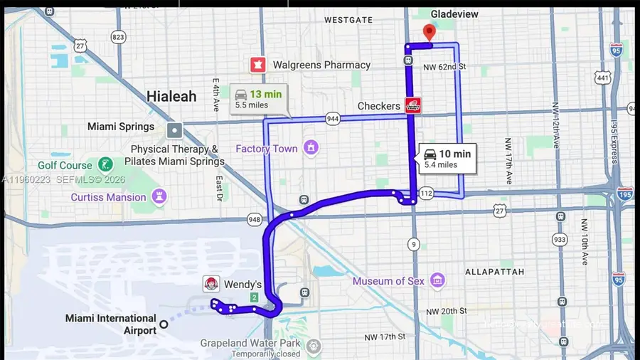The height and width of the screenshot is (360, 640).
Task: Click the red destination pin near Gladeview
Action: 428,32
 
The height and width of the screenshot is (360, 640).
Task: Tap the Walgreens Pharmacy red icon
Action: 257,65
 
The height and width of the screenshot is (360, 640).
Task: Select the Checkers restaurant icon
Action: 412,105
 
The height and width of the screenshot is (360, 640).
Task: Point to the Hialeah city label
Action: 171,96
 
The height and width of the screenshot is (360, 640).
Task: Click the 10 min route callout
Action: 446,158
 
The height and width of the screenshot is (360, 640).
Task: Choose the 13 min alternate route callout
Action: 259,99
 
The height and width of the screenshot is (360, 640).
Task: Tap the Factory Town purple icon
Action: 311,148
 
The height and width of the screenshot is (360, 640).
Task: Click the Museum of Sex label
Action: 388,281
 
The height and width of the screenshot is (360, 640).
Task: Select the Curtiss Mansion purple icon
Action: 160,197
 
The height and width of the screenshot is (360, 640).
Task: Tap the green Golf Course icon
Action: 105,165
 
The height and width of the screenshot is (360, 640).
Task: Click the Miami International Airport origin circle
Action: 164,324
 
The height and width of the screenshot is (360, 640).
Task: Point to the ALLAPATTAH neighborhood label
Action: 494,272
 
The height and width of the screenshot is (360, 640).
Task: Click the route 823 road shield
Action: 118,37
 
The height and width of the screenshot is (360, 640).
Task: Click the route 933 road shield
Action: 560,240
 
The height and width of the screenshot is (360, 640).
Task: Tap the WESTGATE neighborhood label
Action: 348,20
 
